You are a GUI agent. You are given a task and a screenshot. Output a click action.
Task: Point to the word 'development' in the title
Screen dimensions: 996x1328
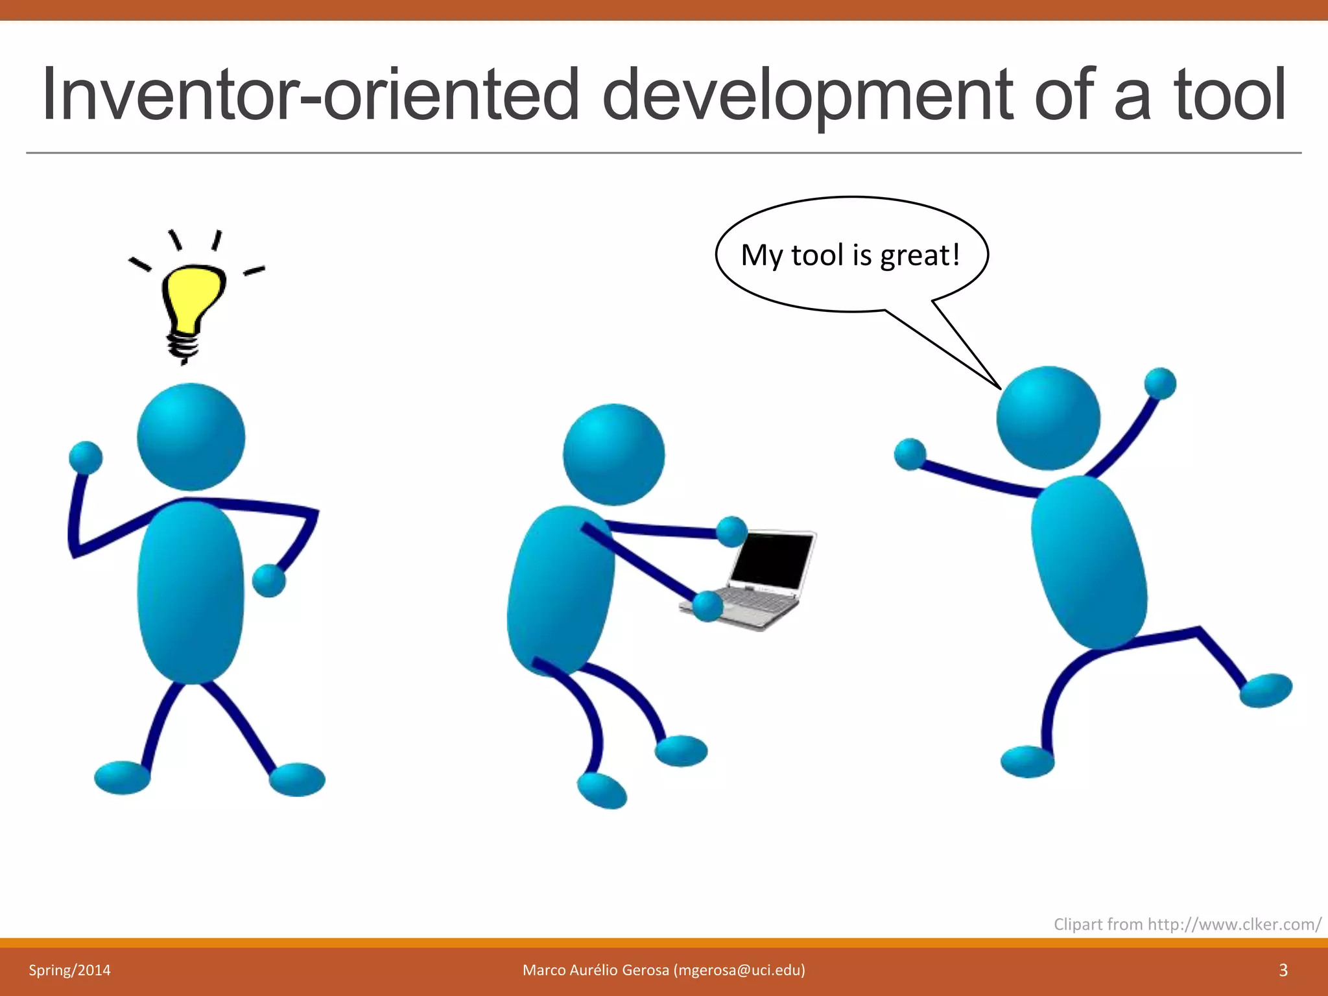click(x=807, y=95)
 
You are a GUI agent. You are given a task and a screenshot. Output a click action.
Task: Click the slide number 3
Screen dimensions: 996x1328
click(x=1283, y=970)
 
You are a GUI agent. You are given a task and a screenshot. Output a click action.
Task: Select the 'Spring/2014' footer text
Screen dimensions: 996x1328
click(x=69, y=970)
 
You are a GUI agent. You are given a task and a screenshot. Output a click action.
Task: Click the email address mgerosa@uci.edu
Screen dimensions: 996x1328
click(x=739, y=970)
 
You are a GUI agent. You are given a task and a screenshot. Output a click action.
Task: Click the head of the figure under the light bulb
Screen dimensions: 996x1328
click(x=191, y=436)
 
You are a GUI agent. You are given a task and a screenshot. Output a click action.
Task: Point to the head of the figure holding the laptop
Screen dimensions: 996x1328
click(x=613, y=455)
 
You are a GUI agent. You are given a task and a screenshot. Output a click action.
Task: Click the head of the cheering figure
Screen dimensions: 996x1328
click(x=1048, y=418)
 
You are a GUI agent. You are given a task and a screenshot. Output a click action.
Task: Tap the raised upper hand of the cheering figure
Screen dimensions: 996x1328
click(x=1160, y=383)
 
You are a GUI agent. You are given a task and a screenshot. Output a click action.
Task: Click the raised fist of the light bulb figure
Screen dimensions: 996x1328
click(x=86, y=457)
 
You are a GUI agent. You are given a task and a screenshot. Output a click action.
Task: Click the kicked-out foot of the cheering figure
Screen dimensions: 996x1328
click(x=1266, y=690)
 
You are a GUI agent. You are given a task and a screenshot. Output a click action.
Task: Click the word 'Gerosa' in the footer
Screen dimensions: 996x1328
click(x=645, y=970)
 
